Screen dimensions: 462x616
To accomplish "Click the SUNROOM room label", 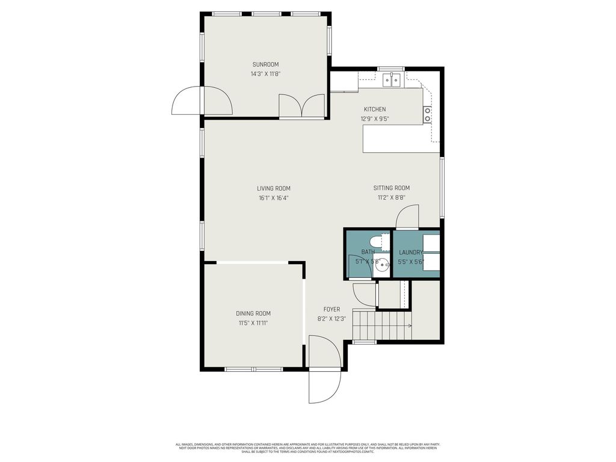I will click(265, 64).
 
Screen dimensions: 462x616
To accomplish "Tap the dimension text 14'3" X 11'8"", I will click(265, 74).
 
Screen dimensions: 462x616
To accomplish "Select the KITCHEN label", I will click(374, 109).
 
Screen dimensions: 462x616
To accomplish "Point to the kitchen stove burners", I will click(427, 114).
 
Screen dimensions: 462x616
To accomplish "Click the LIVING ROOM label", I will click(274, 188).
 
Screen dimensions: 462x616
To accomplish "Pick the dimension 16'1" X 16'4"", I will click(274, 197).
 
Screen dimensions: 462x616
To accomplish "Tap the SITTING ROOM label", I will click(391, 188).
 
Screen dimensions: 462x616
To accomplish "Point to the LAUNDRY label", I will click(411, 253).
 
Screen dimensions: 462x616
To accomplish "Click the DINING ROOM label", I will click(253, 313).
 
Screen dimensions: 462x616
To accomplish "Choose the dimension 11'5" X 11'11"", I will click(253, 323).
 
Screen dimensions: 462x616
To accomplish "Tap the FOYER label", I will click(331, 309).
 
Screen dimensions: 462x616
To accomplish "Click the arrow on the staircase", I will click(408, 325).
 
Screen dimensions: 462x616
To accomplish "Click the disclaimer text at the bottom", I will click(307, 448).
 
